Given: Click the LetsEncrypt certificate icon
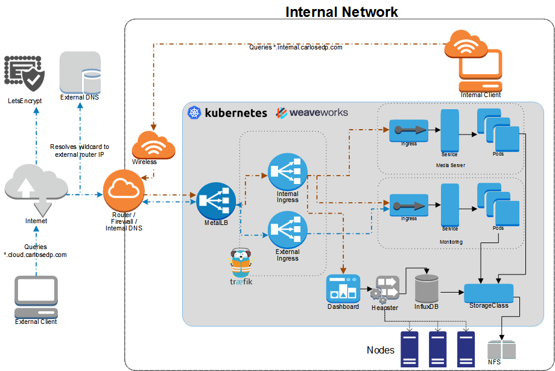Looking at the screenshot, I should [25, 74].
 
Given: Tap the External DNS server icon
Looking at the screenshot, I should [80, 72].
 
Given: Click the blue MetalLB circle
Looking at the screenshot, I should [216, 201].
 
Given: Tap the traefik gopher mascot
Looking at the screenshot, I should [241, 264].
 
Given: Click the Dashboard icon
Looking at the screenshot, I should [343, 288].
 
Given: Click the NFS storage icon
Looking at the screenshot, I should [501, 350].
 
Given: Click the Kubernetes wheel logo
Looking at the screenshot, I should [194, 112].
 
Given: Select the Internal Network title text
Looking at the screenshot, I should [341, 11].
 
